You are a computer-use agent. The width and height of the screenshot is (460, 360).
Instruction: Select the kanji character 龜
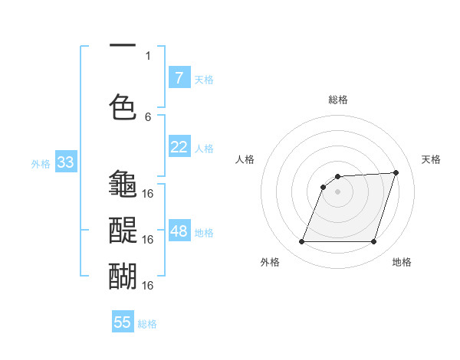click(x=123, y=184)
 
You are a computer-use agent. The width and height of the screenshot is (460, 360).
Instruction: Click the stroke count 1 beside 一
click(x=148, y=55)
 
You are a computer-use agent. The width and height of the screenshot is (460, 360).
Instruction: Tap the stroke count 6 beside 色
click(x=148, y=116)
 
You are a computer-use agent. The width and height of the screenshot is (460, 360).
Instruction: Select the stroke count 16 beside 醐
click(x=148, y=285)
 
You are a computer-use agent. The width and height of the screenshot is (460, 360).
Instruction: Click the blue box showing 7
click(x=179, y=77)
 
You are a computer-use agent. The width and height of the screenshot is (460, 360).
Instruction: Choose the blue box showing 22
click(x=179, y=147)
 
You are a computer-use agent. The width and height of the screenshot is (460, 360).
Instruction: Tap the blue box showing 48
click(x=179, y=231)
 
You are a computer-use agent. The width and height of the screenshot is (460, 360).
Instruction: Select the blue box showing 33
click(x=64, y=162)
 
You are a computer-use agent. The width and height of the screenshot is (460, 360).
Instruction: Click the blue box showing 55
click(x=123, y=322)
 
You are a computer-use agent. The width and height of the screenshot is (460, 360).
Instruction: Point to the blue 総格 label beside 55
click(x=147, y=324)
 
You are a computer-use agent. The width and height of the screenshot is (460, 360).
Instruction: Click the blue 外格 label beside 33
click(x=41, y=163)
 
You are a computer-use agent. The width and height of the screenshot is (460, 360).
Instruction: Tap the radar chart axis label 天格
click(x=431, y=159)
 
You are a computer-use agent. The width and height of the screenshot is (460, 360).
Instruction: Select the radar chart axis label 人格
click(x=245, y=159)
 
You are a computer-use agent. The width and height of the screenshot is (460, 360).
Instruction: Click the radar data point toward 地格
click(x=373, y=242)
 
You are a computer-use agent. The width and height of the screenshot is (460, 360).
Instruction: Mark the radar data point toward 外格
click(x=301, y=242)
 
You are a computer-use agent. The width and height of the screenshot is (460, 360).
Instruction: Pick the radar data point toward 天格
click(x=396, y=172)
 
